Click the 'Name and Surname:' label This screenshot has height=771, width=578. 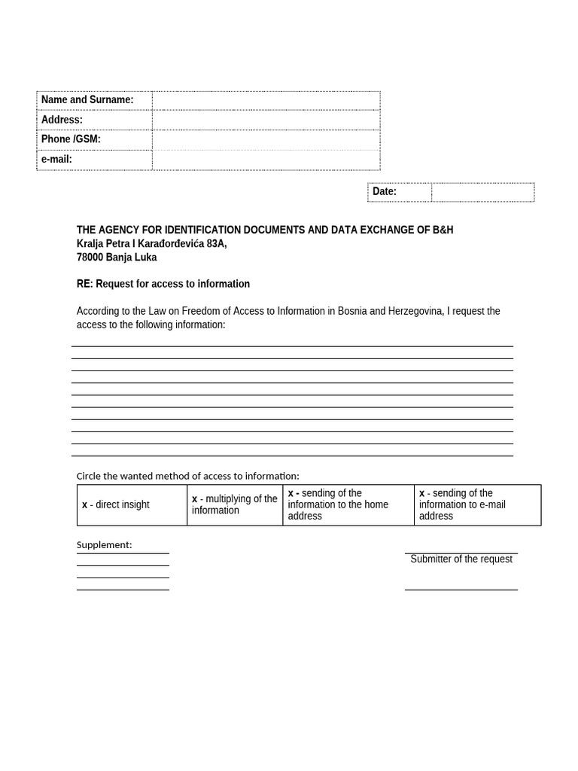click(x=87, y=100)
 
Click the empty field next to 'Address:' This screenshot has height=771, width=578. click(x=266, y=120)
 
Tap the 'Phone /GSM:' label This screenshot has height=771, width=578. click(x=71, y=139)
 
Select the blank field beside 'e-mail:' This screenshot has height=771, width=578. click(x=266, y=160)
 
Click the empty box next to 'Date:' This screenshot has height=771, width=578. click(x=482, y=192)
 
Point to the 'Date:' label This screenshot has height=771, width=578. click(x=385, y=192)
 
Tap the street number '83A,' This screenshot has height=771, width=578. click(x=217, y=244)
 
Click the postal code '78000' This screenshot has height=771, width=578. click(x=90, y=258)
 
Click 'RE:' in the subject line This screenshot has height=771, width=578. click(x=84, y=285)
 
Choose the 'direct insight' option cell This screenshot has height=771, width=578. click(x=132, y=505)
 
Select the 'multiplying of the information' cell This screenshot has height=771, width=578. click(x=235, y=505)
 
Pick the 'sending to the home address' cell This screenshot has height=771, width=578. click(x=348, y=505)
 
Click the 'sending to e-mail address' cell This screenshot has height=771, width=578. click(x=477, y=505)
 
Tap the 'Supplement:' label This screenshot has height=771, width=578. click(x=104, y=545)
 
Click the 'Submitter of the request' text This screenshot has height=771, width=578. click(x=461, y=559)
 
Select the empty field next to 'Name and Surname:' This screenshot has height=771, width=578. click(x=266, y=100)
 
